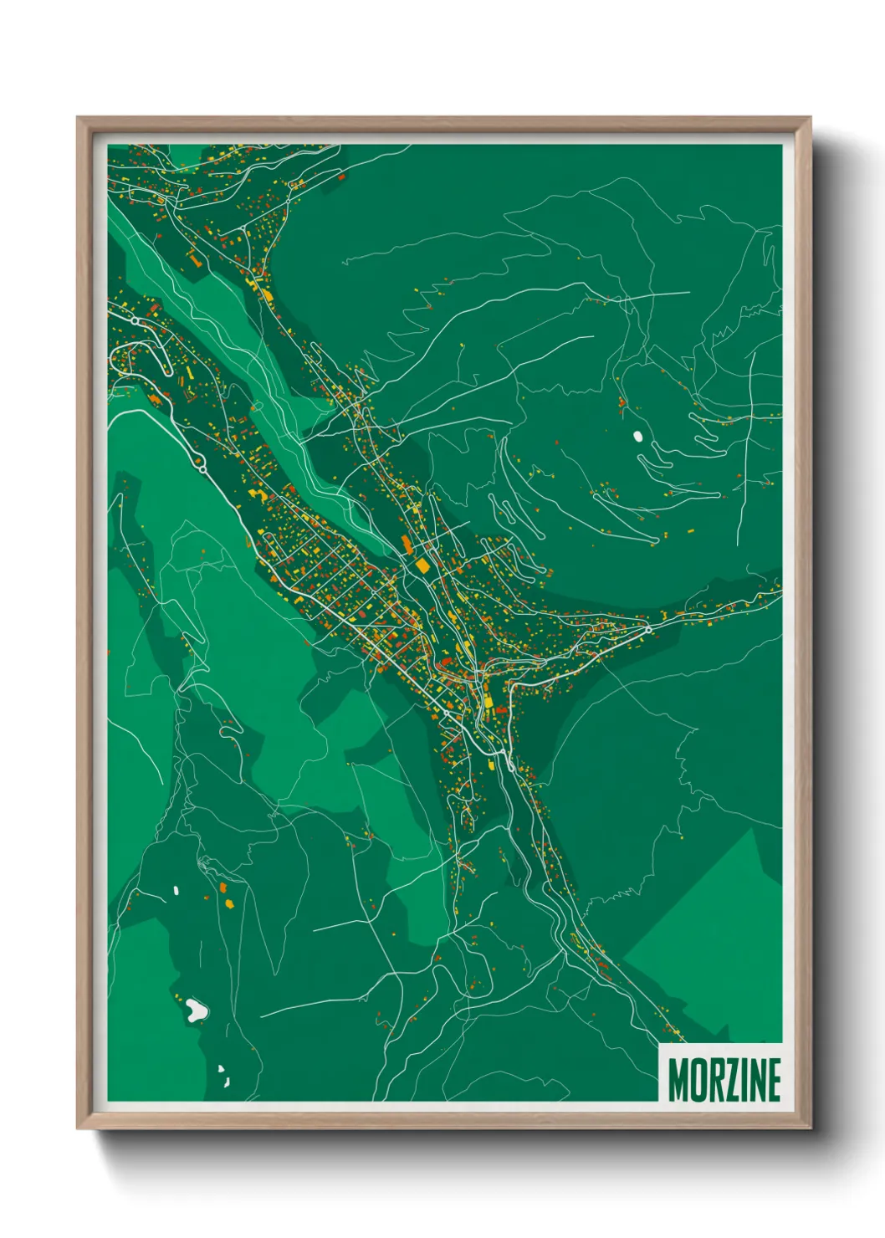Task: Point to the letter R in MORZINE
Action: [713, 1080]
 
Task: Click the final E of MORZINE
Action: [774, 1080]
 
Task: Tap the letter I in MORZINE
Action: [743, 1080]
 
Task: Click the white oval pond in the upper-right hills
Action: [638, 436]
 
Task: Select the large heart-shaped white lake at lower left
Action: [197, 1010]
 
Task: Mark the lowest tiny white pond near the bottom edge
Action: [226, 1082]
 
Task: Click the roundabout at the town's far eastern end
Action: [647, 628]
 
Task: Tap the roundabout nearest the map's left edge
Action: [135, 320]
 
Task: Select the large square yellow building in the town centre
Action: [422, 566]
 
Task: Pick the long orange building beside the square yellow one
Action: [407, 545]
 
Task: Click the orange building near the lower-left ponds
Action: [228, 903]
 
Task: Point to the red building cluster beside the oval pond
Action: [622, 404]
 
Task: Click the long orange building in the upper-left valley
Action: [194, 260]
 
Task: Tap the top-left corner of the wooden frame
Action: [79, 119]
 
